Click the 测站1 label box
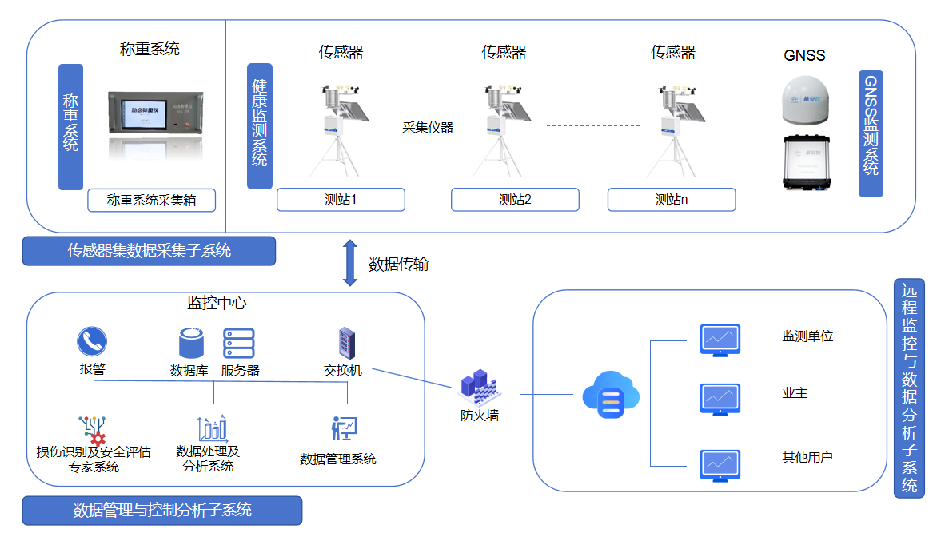341,200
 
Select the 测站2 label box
515,200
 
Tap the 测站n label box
671,200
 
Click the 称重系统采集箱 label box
152,200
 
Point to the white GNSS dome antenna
807,98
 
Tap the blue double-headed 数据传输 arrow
349,262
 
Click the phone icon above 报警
92,342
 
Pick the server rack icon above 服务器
238,344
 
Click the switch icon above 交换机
346,344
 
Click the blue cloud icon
611,394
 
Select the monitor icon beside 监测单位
720,340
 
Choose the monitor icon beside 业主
720,398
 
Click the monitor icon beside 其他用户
720,465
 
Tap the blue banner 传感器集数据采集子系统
149,251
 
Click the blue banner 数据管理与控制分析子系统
162,511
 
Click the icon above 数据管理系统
344,428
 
